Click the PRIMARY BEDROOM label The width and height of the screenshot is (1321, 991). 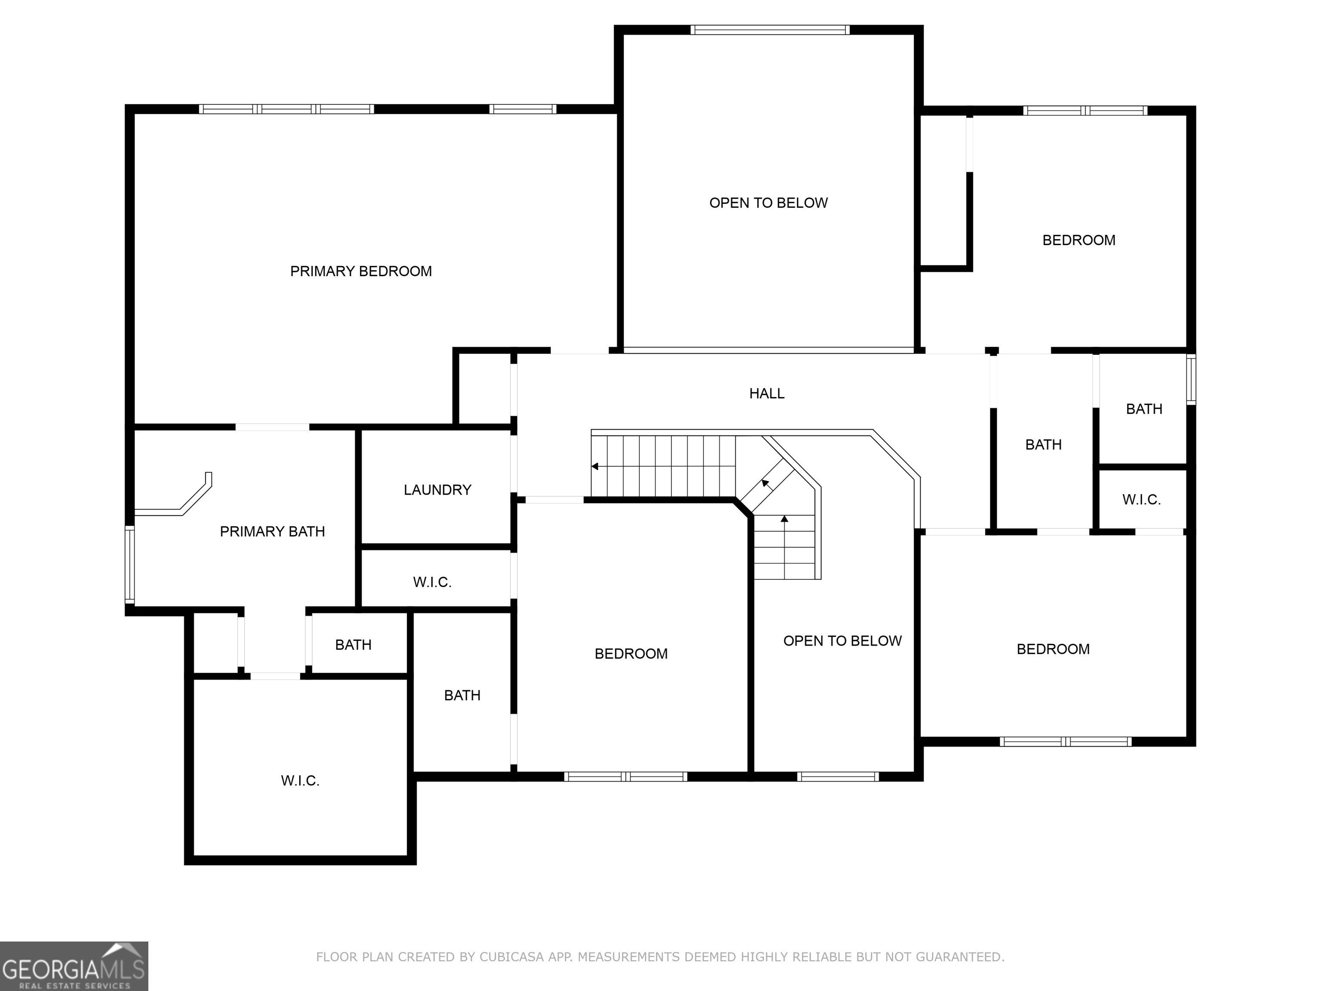pyautogui.click(x=361, y=271)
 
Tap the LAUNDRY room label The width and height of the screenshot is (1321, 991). pyautogui.click(x=437, y=490)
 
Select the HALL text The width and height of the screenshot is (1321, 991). pyautogui.click(x=767, y=393)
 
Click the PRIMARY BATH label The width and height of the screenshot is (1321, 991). pyautogui.click(x=272, y=531)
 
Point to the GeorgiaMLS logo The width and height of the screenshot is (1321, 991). pyautogui.click(x=74, y=966)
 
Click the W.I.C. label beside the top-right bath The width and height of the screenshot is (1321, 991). pyautogui.click(x=1141, y=499)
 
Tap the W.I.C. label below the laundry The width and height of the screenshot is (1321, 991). pyautogui.click(x=432, y=582)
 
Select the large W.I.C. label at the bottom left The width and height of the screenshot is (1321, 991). pyautogui.click(x=300, y=780)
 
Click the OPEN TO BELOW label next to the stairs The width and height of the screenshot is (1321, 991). pyautogui.click(x=842, y=641)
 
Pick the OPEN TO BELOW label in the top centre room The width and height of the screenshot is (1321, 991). pyautogui.click(x=768, y=203)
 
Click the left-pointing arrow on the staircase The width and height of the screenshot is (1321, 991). pyautogui.click(x=595, y=466)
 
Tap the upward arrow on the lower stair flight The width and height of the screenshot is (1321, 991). pyautogui.click(x=784, y=518)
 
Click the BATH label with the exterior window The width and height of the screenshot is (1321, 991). pyautogui.click(x=1144, y=409)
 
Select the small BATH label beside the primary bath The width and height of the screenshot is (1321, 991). pyautogui.click(x=353, y=645)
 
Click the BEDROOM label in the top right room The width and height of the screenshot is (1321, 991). pyautogui.click(x=1078, y=240)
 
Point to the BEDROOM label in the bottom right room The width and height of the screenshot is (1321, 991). pyautogui.click(x=1053, y=649)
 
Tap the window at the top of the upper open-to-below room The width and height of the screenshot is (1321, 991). pyautogui.click(x=770, y=30)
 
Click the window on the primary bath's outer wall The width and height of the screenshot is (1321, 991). pyautogui.click(x=129, y=564)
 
